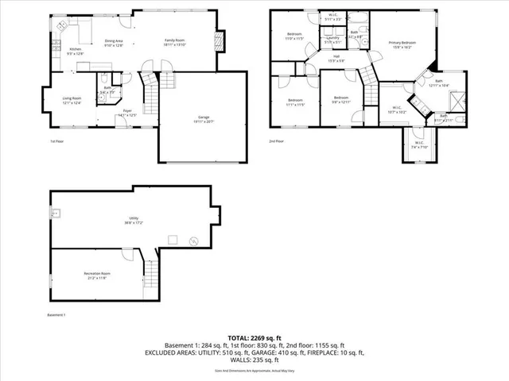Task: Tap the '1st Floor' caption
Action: coord(57,141)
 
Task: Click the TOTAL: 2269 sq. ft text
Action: coord(254,337)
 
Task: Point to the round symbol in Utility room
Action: coord(192,242)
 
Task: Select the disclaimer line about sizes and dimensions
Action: coord(254,371)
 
